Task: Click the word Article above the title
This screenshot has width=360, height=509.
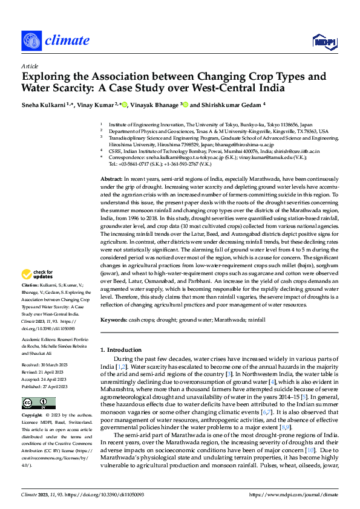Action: (29, 66)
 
